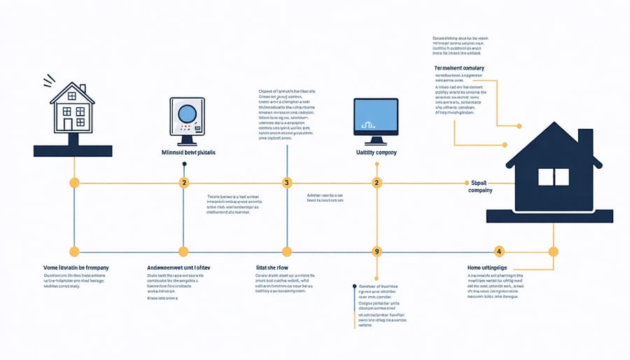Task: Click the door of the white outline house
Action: (68, 124)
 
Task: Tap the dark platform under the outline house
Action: (72, 150)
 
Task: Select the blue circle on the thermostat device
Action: (187, 113)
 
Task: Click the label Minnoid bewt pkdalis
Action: (188, 151)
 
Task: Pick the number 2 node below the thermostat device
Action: (184, 183)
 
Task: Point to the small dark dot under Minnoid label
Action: (184, 165)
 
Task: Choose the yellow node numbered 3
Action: (286, 183)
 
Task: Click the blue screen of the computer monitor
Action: (376, 116)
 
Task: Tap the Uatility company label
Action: (377, 151)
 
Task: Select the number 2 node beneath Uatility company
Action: (377, 183)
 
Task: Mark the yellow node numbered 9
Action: (377, 251)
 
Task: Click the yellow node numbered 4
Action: (499, 251)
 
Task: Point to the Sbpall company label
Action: (480, 186)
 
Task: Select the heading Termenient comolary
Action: (459, 68)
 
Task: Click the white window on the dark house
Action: (553, 176)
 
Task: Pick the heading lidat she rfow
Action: (273, 268)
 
